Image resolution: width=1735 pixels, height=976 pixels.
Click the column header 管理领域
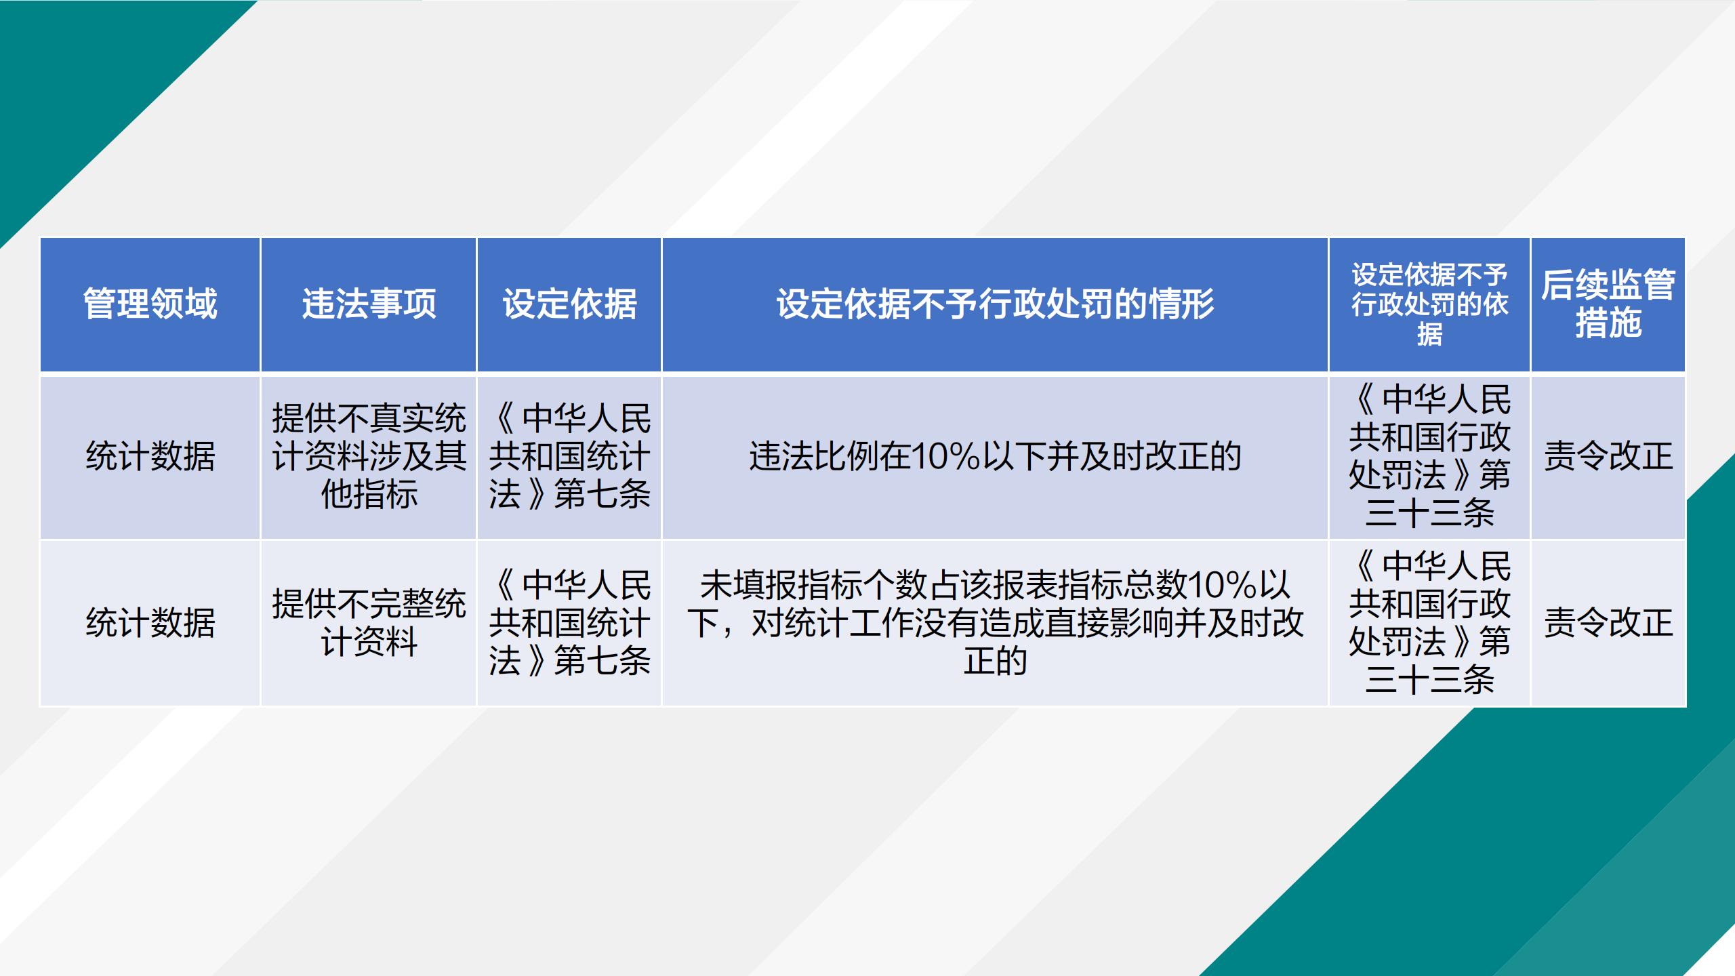coord(150,304)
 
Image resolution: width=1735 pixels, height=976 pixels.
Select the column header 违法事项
coord(369,304)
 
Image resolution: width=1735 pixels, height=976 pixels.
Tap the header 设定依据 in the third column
coord(569,304)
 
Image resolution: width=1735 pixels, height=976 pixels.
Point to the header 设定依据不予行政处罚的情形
coord(995,304)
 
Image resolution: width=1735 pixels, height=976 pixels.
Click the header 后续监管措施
coord(1608,304)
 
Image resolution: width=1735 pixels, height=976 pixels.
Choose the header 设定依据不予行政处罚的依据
coord(1429,304)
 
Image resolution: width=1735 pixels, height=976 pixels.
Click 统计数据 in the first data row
coord(150,455)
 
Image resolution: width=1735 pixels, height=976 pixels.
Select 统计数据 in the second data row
coord(150,622)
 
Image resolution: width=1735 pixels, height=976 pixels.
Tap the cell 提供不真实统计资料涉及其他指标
coord(369,455)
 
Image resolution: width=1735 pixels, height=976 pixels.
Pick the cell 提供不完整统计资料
coord(369,622)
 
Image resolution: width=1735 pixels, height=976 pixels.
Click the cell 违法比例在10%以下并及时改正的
coord(995,455)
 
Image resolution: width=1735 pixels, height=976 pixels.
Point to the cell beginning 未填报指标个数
coord(995,622)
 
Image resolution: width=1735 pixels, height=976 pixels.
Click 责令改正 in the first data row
coord(1608,455)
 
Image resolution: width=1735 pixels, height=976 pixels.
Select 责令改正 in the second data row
coord(1608,622)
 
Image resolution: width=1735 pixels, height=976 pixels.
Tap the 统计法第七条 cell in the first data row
coord(569,455)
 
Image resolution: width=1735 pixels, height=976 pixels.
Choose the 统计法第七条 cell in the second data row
coord(569,622)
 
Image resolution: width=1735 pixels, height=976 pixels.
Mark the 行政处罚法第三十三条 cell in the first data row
coord(1429,455)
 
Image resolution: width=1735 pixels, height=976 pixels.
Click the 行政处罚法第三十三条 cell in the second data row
coord(1429,622)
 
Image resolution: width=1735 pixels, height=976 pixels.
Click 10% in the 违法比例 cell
coord(946,456)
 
